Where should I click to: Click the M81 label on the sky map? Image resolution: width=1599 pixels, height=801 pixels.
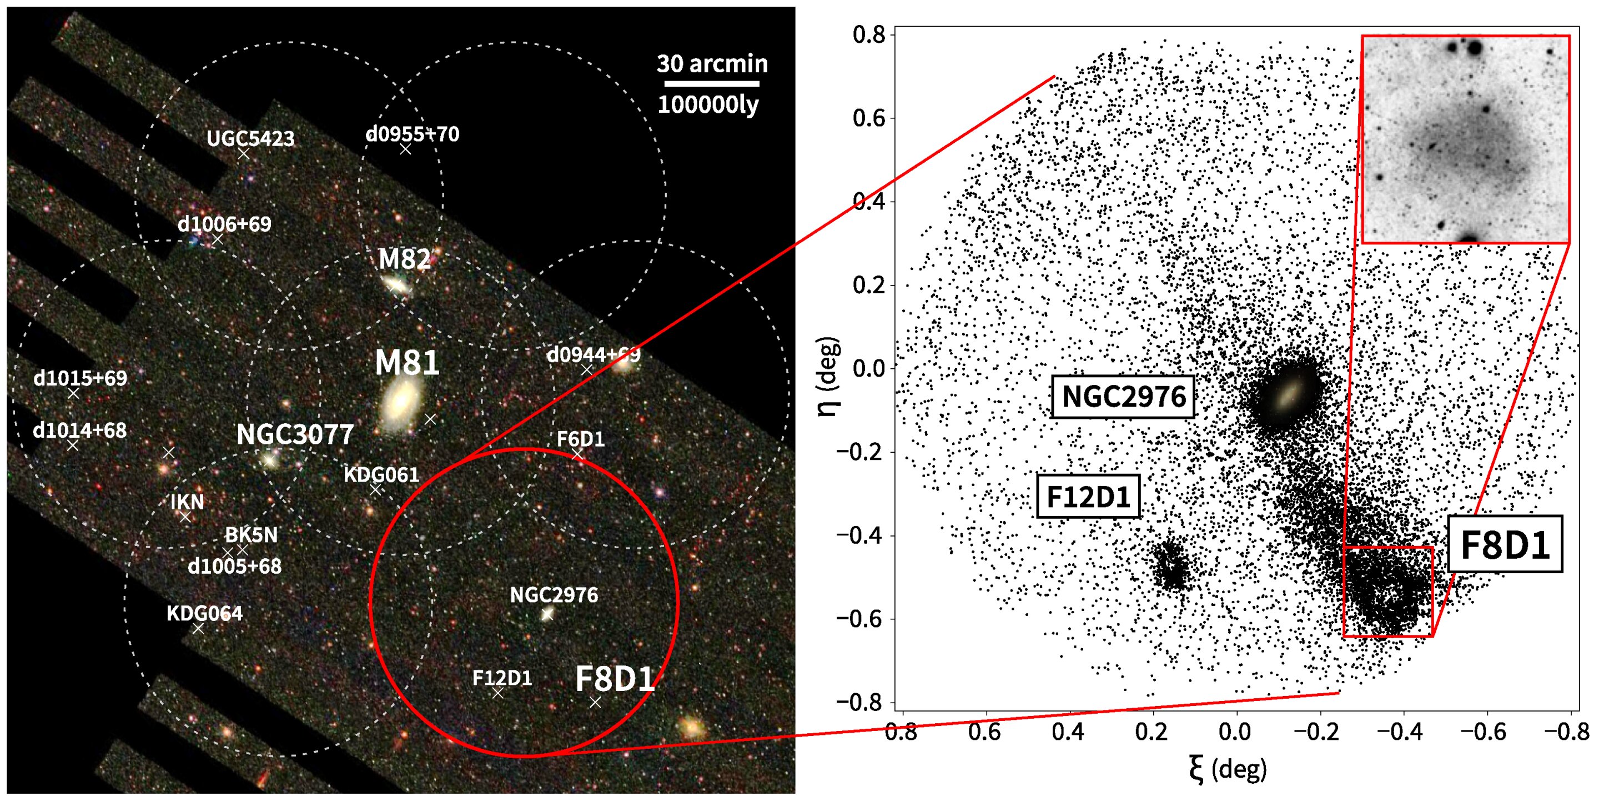click(x=406, y=363)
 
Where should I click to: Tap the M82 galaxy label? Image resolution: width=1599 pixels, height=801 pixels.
click(x=404, y=259)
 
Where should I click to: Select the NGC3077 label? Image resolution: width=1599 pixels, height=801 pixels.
click(x=295, y=434)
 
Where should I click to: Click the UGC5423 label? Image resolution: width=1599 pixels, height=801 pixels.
click(x=250, y=138)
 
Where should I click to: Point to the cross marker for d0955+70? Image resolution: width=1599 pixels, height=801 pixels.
click(x=405, y=149)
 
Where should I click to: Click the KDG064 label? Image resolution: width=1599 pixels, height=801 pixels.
click(x=204, y=613)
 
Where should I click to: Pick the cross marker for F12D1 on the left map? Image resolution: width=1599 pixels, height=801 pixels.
click(x=498, y=693)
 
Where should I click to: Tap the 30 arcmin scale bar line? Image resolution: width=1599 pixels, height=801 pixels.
click(x=711, y=83)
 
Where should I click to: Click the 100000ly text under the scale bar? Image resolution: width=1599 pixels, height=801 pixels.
click(x=708, y=105)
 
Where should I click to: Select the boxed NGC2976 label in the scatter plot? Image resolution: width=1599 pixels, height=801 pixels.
click(x=1123, y=397)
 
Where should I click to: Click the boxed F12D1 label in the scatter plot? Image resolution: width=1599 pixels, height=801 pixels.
click(x=1088, y=497)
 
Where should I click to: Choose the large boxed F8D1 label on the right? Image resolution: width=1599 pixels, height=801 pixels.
click(x=1505, y=544)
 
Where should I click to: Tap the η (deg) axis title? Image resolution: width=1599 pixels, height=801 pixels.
click(x=829, y=377)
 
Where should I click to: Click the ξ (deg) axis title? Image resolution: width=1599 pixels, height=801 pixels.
click(x=1227, y=769)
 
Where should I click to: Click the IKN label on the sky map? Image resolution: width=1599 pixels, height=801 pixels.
click(x=187, y=502)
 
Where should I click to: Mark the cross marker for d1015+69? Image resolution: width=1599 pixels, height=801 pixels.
click(x=73, y=394)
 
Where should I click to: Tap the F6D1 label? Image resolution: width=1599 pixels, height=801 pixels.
click(x=580, y=439)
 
